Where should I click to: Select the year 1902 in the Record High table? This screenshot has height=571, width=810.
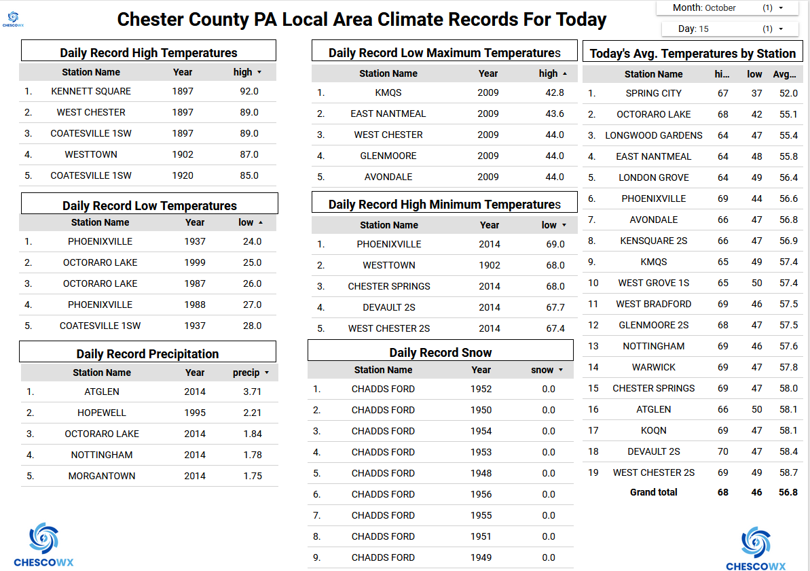click(x=183, y=154)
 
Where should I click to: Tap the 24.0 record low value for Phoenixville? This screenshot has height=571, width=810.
click(x=252, y=241)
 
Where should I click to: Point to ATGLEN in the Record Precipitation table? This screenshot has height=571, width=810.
click(x=102, y=392)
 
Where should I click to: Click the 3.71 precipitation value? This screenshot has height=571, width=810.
click(x=252, y=392)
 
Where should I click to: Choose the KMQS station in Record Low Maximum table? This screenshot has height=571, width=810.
click(x=388, y=92)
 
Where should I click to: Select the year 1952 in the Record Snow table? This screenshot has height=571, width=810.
click(x=481, y=389)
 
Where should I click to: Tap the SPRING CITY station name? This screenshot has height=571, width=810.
click(x=653, y=93)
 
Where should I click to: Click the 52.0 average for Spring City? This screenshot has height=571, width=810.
click(x=788, y=93)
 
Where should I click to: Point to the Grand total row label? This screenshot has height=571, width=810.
click(x=653, y=492)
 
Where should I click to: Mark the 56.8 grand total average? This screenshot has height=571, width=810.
click(x=788, y=492)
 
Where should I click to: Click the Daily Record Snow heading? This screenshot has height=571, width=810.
click(x=440, y=352)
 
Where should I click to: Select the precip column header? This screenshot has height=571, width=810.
click(x=246, y=373)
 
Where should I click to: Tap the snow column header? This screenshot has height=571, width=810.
click(x=542, y=370)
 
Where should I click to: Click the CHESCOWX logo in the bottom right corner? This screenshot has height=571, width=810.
click(x=755, y=547)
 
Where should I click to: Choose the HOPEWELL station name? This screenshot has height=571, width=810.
click(x=102, y=413)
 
